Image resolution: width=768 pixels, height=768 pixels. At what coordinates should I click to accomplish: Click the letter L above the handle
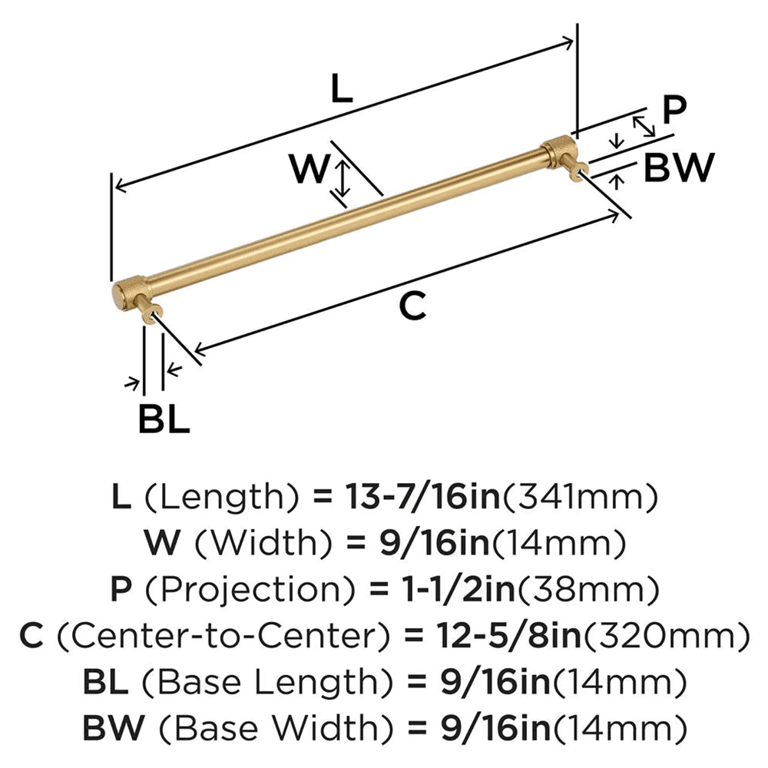click(x=341, y=91)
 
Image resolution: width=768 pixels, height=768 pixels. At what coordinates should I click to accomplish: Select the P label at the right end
click(x=674, y=111)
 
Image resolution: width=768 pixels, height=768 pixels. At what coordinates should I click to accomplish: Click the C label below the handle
click(x=412, y=307)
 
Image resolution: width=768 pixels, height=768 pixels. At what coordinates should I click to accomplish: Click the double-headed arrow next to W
click(x=344, y=177)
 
